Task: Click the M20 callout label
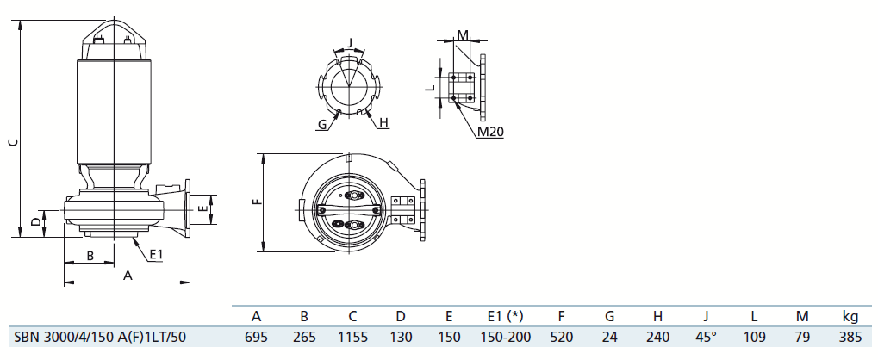(x=490, y=132)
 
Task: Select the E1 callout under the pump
(x=156, y=255)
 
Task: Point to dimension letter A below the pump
(x=128, y=275)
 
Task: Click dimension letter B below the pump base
(x=90, y=255)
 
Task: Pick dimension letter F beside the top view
(x=257, y=201)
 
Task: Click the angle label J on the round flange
(x=350, y=42)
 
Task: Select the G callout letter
(x=322, y=124)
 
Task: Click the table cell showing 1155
(x=352, y=337)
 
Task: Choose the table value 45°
(x=706, y=337)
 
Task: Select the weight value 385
(x=850, y=337)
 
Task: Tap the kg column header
(x=850, y=317)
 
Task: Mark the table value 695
(x=256, y=337)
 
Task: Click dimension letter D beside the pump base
(x=36, y=223)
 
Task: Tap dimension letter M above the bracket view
(x=463, y=35)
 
